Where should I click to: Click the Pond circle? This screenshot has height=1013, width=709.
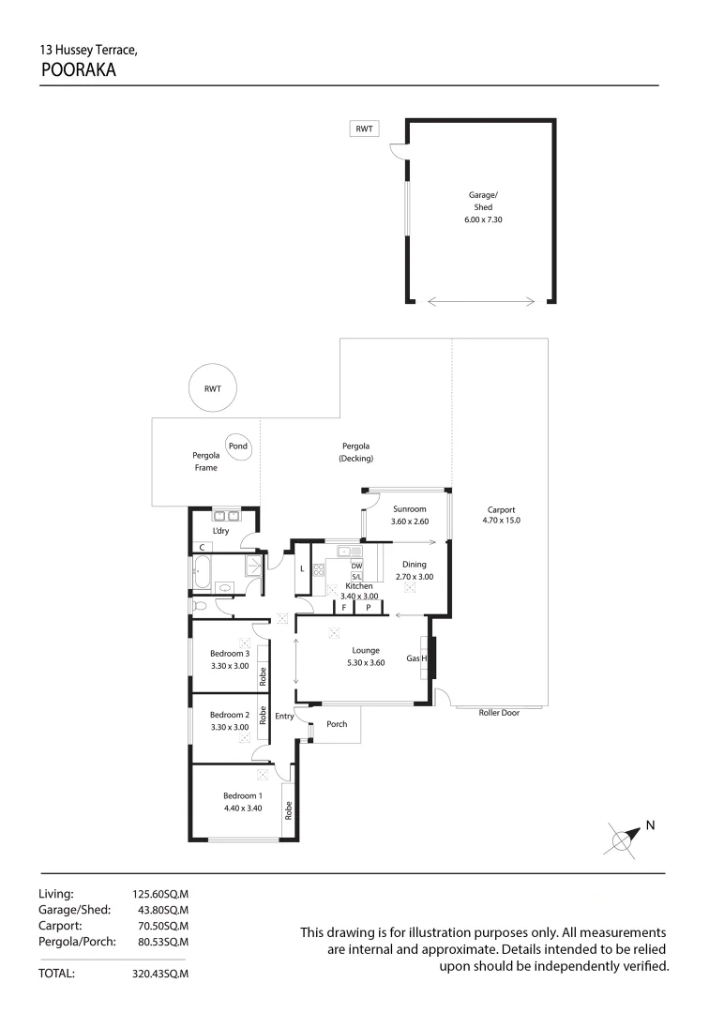(238, 446)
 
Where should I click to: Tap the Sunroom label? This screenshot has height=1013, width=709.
(409, 509)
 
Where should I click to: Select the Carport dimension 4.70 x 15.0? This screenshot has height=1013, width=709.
(500, 520)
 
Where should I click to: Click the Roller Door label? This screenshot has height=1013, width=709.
(499, 713)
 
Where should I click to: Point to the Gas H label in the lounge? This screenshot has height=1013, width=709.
(416, 659)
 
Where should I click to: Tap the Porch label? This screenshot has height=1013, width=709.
(336, 724)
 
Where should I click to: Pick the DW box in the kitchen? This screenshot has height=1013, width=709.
(355, 566)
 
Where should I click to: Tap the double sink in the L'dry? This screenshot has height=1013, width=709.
(226, 514)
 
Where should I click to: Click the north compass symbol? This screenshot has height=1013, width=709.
(624, 838)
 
